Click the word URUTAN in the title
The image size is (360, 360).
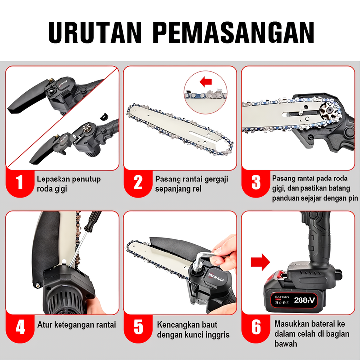click(x=95, y=32)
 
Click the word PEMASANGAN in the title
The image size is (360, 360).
click(x=234, y=32)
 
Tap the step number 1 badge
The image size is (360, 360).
click(x=20, y=182)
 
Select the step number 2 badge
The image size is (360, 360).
click(x=138, y=182)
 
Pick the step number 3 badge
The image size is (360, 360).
click(x=256, y=182)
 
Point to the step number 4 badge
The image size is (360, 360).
click(x=20, y=327)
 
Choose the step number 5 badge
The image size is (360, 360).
click(x=138, y=327)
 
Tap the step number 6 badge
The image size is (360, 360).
click(x=256, y=327)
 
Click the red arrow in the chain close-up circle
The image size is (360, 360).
click(x=206, y=82)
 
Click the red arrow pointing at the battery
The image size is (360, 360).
click(x=260, y=262)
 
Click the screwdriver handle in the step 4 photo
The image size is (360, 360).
click(x=92, y=221)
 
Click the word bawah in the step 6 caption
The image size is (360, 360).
click(x=286, y=344)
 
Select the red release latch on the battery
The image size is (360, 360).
click(x=280, y=274)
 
